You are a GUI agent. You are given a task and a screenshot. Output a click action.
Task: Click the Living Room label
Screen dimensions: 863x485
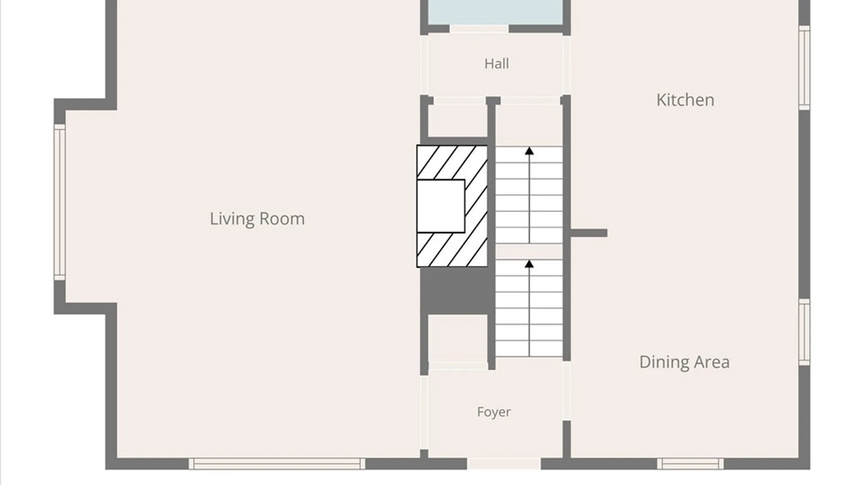coord(257,219)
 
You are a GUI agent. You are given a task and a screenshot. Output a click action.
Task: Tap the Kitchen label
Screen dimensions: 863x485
coord(685,100)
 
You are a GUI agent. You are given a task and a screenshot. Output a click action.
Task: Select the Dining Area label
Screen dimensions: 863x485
coord(684,362)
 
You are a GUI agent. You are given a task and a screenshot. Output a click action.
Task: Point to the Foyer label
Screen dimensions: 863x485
coord(494,412)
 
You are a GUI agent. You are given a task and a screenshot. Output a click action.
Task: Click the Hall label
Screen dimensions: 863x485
coord(497,64)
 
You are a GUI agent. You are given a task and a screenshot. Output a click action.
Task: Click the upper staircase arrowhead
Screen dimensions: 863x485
coord(529,151)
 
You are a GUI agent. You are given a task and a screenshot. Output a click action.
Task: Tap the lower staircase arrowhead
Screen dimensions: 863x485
coord(529,264)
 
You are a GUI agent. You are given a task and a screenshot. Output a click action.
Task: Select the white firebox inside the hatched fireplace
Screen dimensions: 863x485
coord(440,206)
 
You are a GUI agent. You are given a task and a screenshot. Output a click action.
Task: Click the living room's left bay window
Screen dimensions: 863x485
coord(60,202)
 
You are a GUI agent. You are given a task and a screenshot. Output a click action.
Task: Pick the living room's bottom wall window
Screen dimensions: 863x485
coord(277,464)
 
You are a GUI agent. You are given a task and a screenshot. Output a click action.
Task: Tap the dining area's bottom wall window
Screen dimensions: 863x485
coord(690,464)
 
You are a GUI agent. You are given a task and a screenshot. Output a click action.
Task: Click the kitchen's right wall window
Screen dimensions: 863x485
coord(804,67)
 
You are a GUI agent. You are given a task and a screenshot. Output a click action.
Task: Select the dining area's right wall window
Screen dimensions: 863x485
coord(804,332)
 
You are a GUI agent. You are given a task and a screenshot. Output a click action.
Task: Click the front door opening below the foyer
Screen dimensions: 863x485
coord(504,464)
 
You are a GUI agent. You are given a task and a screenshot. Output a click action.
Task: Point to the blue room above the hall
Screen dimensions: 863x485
coord(495,12)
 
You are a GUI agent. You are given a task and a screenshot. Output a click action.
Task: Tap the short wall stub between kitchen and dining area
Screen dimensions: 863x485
coord(589,233)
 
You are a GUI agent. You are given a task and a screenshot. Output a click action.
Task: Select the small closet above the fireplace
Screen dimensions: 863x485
coord(458,121)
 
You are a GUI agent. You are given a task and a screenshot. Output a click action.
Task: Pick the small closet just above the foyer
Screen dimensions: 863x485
coord(458,339)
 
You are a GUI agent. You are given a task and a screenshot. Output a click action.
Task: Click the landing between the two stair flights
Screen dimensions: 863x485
coord(529,251)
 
